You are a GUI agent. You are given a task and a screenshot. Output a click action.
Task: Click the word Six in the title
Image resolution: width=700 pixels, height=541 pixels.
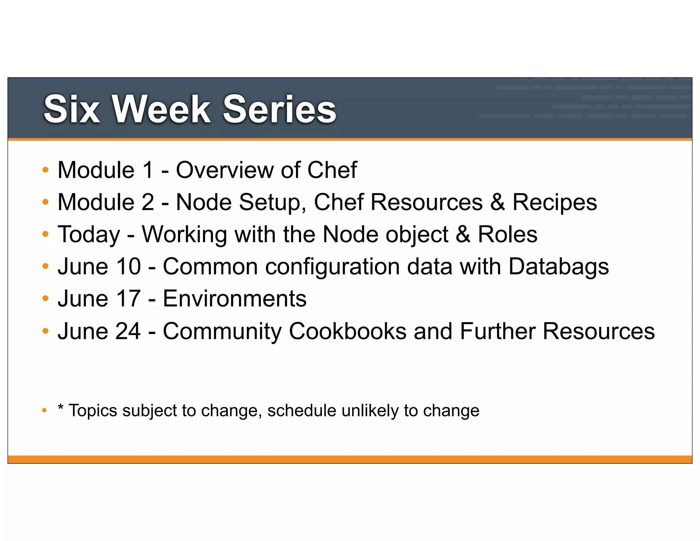[72, 109]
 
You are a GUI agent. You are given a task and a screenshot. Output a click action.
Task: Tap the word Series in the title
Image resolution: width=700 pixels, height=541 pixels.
[280, 109]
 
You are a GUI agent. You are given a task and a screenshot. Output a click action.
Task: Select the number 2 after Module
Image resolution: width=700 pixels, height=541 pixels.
[148, 202]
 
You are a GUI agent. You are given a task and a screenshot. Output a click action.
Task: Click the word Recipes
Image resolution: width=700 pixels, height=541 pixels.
[554, 203]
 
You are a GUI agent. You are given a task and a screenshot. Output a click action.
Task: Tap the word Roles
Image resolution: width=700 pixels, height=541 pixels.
[507, 235]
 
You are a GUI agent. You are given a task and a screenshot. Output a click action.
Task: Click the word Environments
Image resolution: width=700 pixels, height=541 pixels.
[234, 299]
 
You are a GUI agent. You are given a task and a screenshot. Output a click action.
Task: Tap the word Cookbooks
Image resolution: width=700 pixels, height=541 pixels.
[347, 331]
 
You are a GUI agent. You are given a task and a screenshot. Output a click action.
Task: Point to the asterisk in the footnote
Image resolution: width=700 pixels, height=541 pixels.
[60, 407]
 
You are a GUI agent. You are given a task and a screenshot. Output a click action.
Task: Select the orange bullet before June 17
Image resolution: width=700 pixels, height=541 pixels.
[45, 299]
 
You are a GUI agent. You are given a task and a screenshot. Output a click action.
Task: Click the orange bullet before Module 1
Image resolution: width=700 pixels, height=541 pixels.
[45, 170]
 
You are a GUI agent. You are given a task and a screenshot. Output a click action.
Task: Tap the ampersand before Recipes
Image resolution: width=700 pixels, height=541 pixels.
[497, 202]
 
